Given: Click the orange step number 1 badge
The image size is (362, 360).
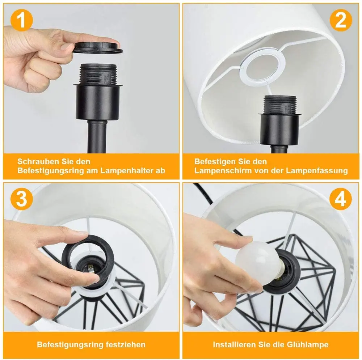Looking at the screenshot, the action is click(21, 20).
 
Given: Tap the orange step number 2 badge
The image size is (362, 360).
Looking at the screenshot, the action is click(341, 20).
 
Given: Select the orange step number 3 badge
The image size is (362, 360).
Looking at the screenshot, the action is click(21, 199).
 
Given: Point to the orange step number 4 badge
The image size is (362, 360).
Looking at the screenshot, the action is click(341, 199).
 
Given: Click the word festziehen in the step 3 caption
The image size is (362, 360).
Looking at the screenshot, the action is click(126, 344).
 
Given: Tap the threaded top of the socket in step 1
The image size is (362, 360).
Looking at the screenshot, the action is click(98, 74).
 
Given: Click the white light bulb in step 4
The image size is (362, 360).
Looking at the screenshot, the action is click(258, 263).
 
